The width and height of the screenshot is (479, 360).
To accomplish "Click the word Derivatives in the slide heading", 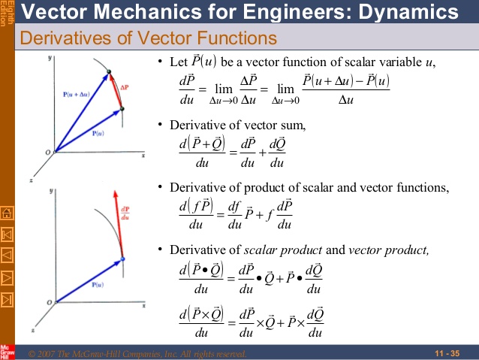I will coord(58,38).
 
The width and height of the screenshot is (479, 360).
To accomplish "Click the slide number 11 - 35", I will coord(447,353).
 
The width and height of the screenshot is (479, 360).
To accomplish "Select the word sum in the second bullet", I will coord(294,124).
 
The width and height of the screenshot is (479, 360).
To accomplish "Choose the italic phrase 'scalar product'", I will coord(282,249).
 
